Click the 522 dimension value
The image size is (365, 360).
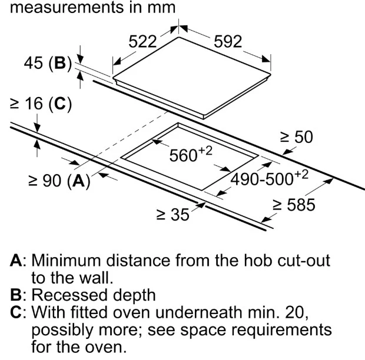click(x=142, y=42)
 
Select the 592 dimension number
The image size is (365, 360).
click(x=228, y=42)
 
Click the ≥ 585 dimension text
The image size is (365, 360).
click(x=294, y=205)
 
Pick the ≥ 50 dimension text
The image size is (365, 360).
click(x=296, y=136)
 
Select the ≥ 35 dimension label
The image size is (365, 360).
click(x=172, y=214)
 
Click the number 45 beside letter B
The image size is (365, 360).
click(x=34, y=63)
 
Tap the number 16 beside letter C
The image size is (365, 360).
click(x=34, y=104)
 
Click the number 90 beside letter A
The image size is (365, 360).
click(x=52, y=181)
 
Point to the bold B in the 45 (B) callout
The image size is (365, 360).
click(x=60, y=63)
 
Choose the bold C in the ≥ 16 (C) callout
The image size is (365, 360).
click(x=60, y=104)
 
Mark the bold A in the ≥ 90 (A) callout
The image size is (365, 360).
click(x=78, y=181)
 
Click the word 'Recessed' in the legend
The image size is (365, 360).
click(x=70, y=295)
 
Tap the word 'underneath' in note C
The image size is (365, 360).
click(x=198, y=312)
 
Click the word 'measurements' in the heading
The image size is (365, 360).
click(x=67, y=7)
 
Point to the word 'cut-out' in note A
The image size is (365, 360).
click(x=304, y=260)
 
